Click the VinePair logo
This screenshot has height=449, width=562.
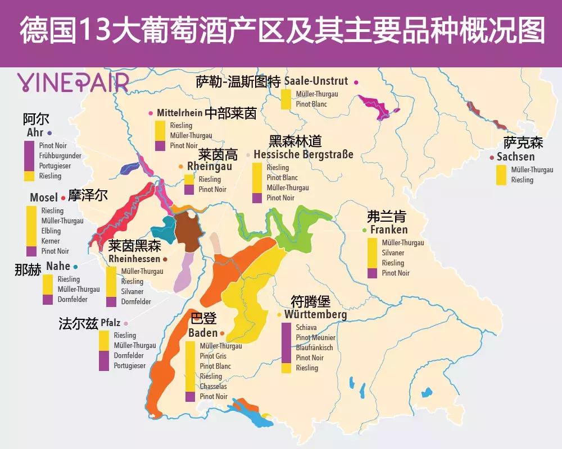tap(72, 83)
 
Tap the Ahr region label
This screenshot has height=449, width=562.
tap(35, 133)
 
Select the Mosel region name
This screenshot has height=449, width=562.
tap(44, 198)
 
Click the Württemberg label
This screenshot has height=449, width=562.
tap(315, 314)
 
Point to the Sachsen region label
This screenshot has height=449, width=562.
tap(515, 157)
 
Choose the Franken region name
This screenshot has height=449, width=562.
tap(389, 230)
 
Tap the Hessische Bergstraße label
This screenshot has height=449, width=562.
tap(303, 154)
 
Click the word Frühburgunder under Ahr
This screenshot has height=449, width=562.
tap(60, 156)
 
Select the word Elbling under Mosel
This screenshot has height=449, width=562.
tap(51, 231)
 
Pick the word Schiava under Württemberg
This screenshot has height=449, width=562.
tap(306, 328)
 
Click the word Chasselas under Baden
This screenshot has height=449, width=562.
tap(214, 387)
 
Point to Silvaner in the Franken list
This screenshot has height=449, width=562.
tap(393, 253)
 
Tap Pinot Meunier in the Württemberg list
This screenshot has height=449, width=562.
tap(315, 338)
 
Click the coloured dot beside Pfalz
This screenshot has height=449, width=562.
tap(126, 323)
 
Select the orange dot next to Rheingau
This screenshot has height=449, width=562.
tap(180, 167)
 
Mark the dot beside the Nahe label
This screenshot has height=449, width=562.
tap(76, 267)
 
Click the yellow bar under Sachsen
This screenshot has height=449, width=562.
tap(501, 175)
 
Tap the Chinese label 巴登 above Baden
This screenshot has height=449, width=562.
tap(203, 319)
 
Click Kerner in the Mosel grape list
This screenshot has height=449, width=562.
tap(51, 241)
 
